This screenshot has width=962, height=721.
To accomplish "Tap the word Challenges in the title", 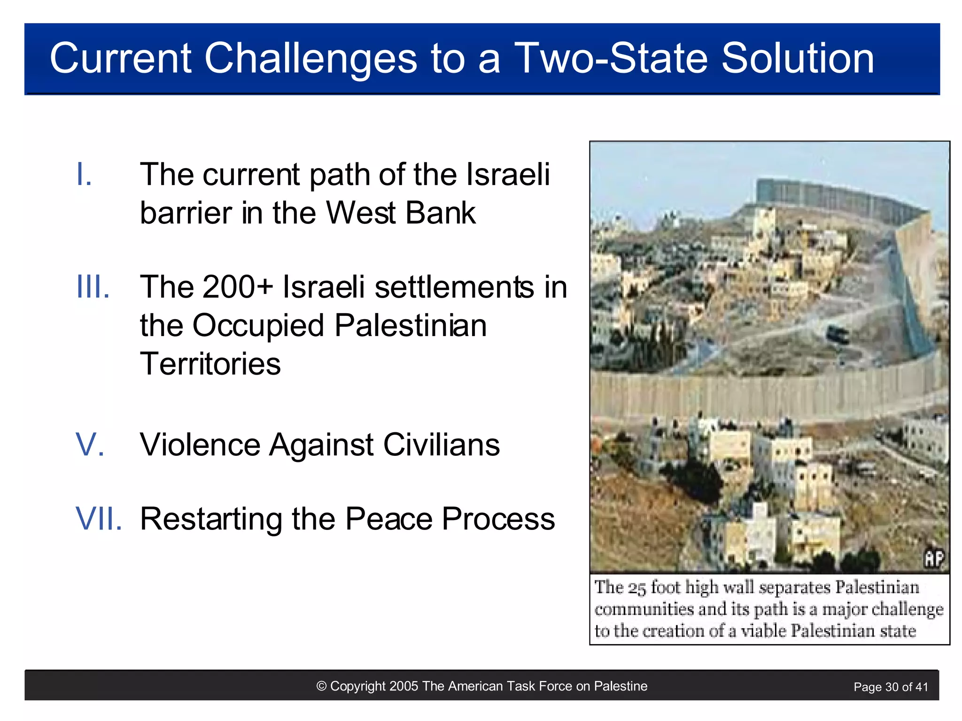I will (310, 59).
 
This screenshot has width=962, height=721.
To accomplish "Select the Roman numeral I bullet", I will (84, 174).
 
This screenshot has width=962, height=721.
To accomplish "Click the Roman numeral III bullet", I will (93, 287).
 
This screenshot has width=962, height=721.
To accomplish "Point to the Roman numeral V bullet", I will (89, 445).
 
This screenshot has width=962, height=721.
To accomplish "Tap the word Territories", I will (210, 364).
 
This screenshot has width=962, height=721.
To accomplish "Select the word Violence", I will (200, 445).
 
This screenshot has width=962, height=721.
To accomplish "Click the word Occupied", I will (258, 325).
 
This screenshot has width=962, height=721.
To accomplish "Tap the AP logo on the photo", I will (933, 559).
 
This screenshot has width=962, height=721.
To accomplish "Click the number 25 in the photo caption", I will (637, 588).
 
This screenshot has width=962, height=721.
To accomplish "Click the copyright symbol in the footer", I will (321, 686).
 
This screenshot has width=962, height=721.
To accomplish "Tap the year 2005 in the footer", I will (403, 686).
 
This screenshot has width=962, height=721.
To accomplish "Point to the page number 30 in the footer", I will (892, 687).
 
